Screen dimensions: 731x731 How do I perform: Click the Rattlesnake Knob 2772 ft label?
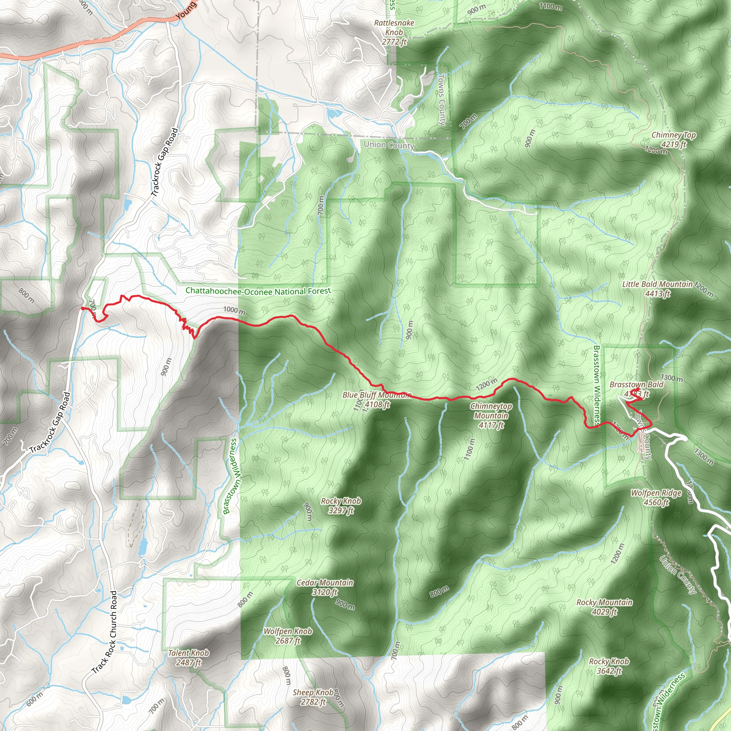point(394,32)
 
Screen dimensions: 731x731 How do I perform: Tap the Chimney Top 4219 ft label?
point(674,140)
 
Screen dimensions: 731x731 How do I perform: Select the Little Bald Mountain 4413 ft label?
point(657,289)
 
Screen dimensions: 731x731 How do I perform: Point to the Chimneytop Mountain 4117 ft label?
point(491,415)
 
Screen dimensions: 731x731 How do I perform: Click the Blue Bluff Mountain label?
point(377,395)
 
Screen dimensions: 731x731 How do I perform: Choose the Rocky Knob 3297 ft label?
point(341,505)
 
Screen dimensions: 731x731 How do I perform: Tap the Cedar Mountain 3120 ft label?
point(325,587)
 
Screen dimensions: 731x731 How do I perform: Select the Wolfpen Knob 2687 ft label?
point(288,636)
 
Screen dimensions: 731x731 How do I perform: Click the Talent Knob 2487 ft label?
point(188,657)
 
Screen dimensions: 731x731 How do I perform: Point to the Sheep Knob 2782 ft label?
point(313,697)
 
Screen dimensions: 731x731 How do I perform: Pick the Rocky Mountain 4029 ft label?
point(604,607)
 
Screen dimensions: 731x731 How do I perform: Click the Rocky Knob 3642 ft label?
point(609,666)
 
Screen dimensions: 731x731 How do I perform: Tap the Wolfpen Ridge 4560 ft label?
point(656,498)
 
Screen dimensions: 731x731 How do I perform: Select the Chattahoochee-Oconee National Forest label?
point(258,291)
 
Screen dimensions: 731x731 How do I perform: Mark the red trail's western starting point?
point(82,308)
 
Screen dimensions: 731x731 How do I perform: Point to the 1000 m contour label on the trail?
point(234,311)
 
